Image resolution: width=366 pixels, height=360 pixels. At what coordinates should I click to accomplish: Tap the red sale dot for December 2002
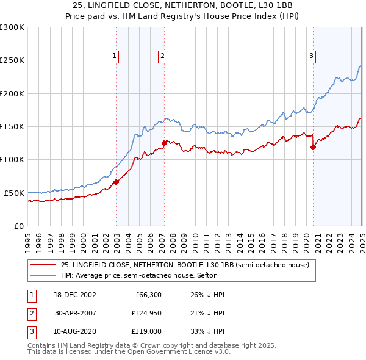[x=117, y=181]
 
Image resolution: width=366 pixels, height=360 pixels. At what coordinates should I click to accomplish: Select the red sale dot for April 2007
[x=164, y=143]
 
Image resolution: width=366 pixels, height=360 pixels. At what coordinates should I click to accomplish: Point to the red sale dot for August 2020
[x=313, y=146]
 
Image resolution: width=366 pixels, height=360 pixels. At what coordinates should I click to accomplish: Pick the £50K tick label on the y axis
[x=14, y=193]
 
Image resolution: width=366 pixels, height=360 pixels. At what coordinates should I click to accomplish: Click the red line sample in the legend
[x=43, y=265]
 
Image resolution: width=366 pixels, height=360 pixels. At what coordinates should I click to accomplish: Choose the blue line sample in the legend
[x=43, y=275]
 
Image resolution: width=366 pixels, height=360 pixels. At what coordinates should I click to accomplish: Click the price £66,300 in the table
[x=146, y=294]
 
